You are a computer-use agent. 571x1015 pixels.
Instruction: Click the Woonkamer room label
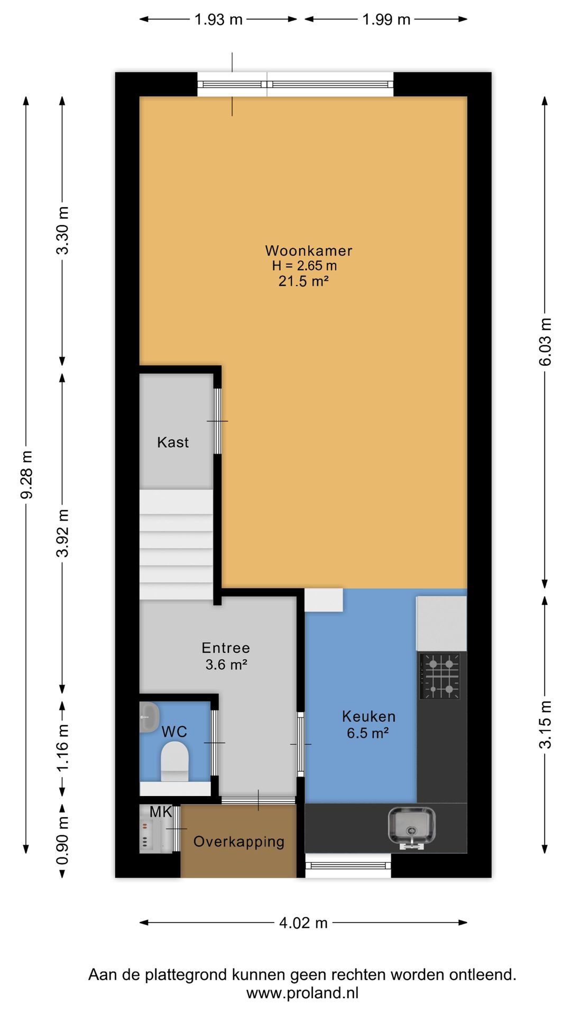pos(308,251)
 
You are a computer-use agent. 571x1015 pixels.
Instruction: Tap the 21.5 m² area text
pos(303,281)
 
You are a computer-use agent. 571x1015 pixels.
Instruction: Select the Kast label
pos(173,442)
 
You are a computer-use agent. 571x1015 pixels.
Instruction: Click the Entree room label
pos(226,648)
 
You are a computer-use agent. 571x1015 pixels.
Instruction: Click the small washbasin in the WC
pos(149,716)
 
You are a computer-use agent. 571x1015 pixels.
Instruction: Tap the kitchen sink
pos(412,826)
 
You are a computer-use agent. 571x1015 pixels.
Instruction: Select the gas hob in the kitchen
pos(440,676)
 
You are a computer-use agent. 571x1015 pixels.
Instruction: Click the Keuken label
pos(369,717)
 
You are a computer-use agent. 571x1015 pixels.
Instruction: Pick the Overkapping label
pos(239,842)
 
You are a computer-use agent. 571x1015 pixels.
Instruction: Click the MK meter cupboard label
pos(161,812)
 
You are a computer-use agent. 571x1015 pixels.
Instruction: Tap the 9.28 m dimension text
pos(26,475)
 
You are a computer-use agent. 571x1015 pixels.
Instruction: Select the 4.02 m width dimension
pos(303,923)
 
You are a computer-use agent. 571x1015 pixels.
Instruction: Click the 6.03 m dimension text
pos(545,342)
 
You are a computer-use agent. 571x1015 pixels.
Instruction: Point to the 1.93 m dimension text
pos(218,20)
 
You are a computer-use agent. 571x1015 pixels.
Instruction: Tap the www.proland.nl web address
pos(302,993)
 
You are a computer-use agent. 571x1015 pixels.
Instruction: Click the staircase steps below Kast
pos(176,545)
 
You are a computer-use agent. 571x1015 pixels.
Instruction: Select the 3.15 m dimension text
pos(545,725)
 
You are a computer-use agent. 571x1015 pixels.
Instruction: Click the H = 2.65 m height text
pos(305,266)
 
